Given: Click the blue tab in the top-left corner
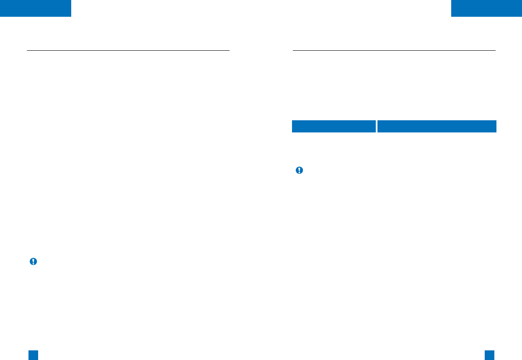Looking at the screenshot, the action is click(x=35, y=8).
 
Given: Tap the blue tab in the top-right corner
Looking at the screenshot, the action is click(x=486, y=8).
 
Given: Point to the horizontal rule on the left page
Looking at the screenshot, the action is click(x=128, y=50).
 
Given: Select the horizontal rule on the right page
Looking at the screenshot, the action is click(x=394, y=50).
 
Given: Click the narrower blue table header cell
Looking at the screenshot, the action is click(x=333, y=126).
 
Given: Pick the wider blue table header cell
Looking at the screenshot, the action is click(x=437, y=126).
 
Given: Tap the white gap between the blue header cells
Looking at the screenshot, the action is click(x=376, y=126).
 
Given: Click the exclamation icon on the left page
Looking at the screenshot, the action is click(x=33, y=262).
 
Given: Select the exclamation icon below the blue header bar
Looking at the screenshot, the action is click(x=299, y=170).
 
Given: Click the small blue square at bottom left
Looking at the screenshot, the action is click(x=34, y=355).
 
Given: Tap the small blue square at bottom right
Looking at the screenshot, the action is click(x=489, y=355).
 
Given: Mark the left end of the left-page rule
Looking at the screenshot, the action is click(x=27, y=50).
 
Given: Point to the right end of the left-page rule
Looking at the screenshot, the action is click(x=229, y=50).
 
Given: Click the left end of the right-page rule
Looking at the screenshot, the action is click(x=293, y=50).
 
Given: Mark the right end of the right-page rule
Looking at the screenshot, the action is click(x=495, y=50).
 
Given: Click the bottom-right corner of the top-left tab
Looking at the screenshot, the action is click(x=70, y=16).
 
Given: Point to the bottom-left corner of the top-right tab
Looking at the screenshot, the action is click(x=452, y=16).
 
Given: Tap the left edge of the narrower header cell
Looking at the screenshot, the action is click(x=292, y=126).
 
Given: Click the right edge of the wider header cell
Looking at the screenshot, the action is click(x=496, y=126).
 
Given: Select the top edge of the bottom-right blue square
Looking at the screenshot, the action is click(x=489, y=350).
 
